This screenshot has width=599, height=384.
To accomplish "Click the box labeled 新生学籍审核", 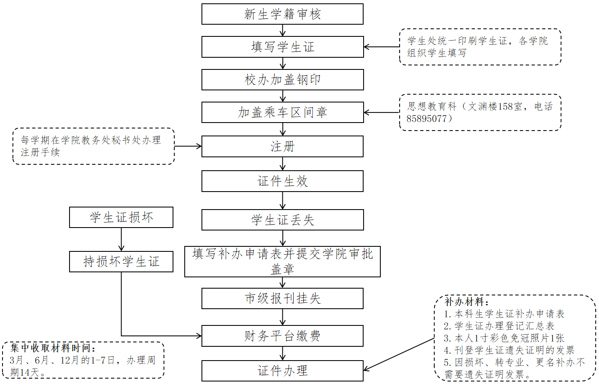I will tap(282, 14).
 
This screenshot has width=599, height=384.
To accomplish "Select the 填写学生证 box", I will tap(282, 47).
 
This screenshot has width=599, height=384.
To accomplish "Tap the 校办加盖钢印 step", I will tap(282, 79).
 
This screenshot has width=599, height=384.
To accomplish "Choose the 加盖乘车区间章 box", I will tap(282, 112).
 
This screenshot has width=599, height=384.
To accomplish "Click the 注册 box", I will tap(282, 146).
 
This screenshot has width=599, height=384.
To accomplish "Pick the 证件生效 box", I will tap(282, 181).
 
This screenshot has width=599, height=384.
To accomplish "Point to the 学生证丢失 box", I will tap(282, 220).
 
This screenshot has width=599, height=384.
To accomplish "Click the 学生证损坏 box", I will tap(121, 218).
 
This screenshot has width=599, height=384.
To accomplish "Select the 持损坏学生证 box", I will tap(121, 262).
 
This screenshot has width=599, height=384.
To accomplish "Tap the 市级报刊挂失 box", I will tap(282, 299).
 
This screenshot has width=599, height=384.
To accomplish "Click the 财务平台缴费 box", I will tap(282, 336).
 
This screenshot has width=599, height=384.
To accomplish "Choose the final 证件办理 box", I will tap(282, 371).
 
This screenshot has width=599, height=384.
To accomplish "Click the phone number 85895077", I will tap(427, 119).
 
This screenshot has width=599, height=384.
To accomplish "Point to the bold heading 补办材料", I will tap(466, 302).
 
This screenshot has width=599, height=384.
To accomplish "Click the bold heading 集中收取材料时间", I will tap(53, 348).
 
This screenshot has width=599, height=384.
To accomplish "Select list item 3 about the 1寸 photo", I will tap(504, 338).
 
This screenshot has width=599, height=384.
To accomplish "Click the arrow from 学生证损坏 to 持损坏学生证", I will tap(121, 240).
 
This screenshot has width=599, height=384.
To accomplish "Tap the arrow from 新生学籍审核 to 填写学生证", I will tap(283, 30).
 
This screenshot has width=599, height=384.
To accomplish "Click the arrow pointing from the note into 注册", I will tap(188, 146).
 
